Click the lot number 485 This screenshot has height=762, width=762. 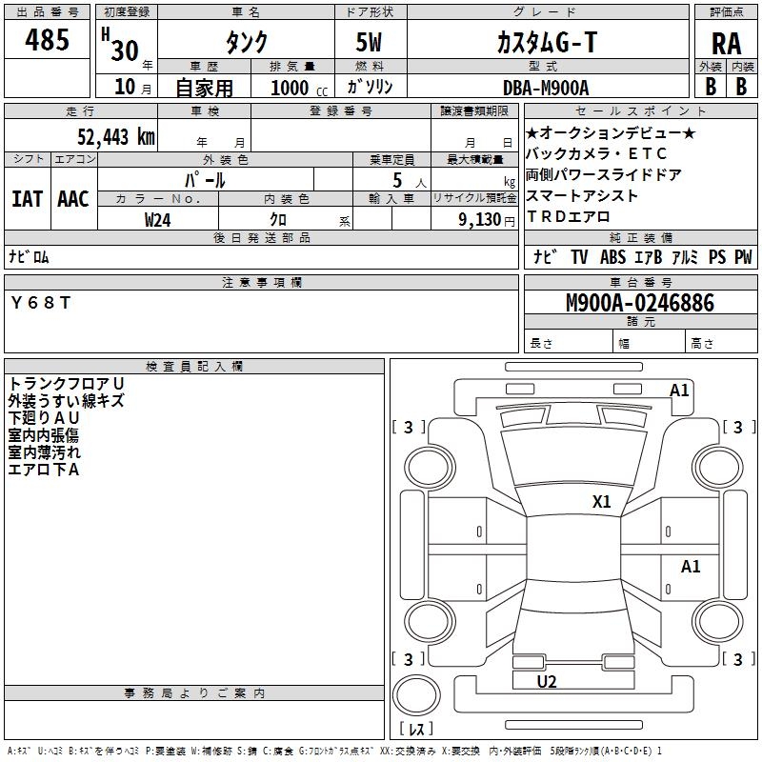point(47,41)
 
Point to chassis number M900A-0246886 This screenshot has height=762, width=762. point(639,303)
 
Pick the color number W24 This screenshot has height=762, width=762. point(158,219)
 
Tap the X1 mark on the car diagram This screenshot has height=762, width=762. point(601,501)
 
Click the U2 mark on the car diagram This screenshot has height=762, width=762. point(546,681)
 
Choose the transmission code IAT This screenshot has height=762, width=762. point(28,199)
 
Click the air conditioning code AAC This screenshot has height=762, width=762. point(72,199)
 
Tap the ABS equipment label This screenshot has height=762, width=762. point(613,257)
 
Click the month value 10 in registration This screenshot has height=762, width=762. point(124,88)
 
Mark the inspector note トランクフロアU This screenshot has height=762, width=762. point(66,383)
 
